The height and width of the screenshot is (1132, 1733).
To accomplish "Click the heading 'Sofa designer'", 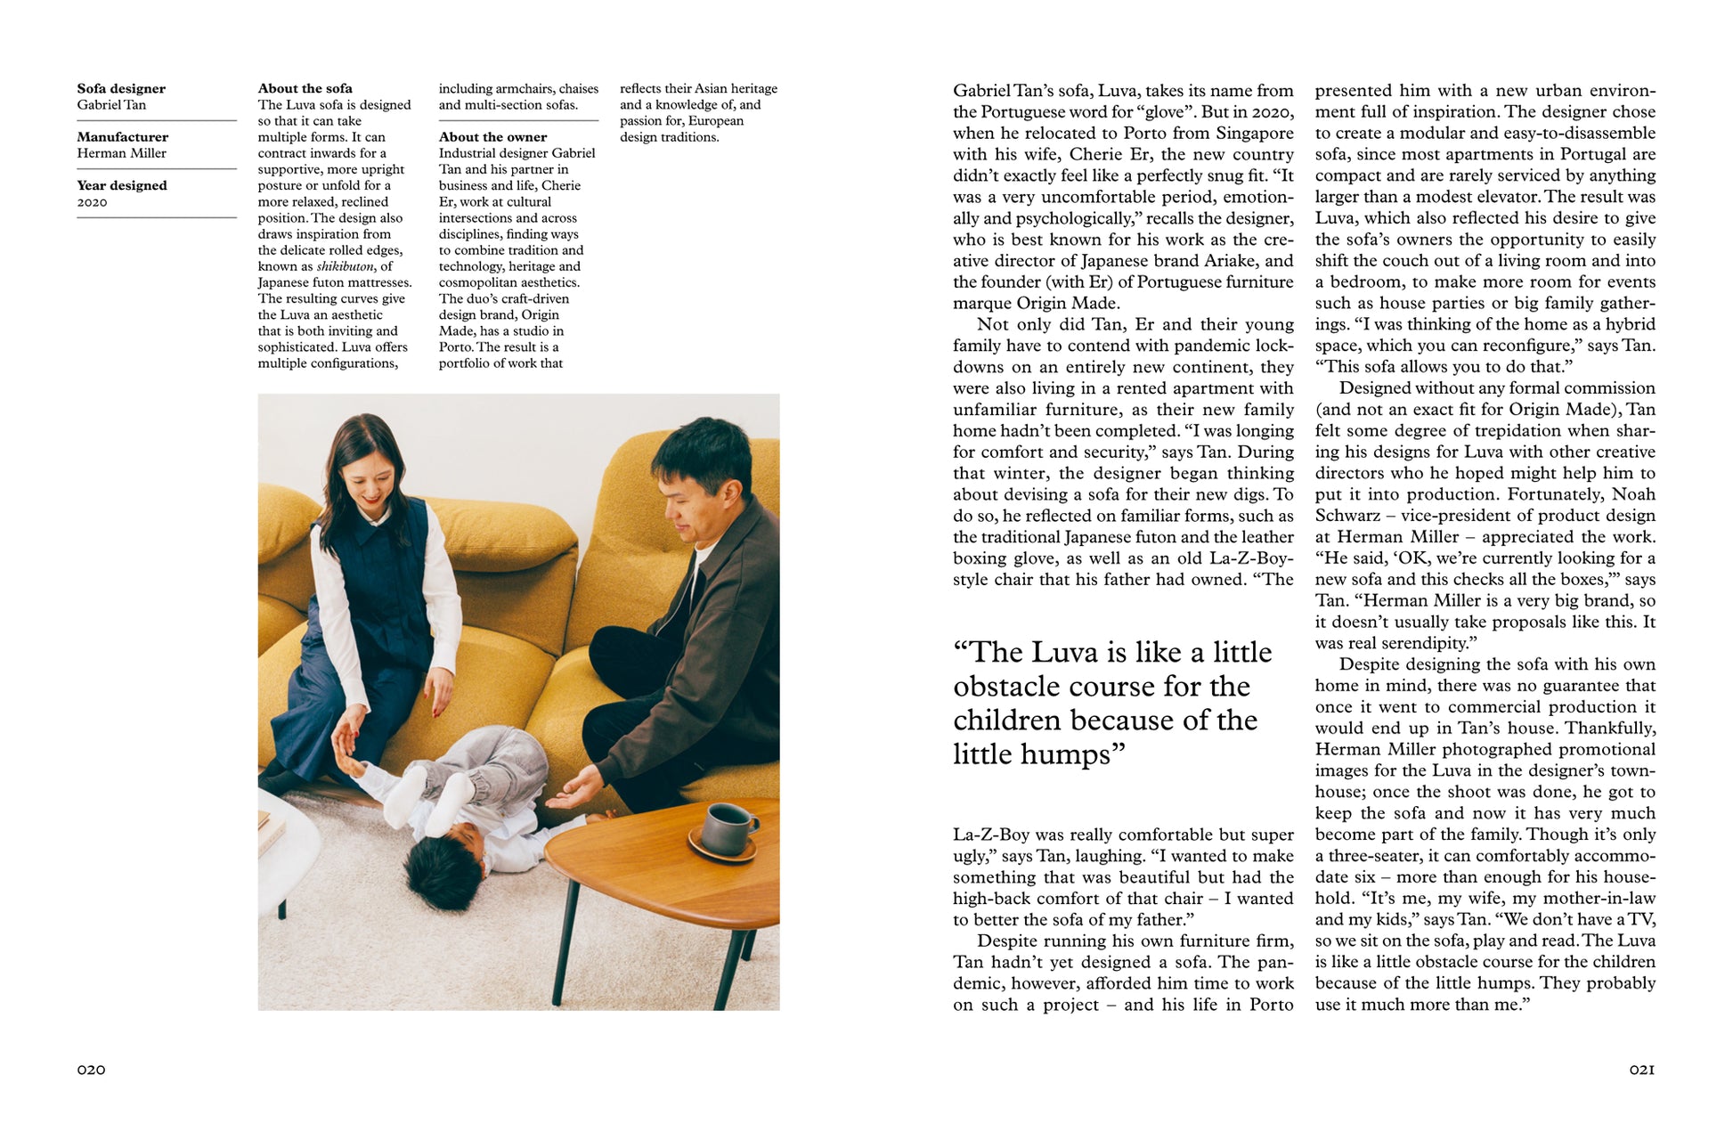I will (x=121, y=88).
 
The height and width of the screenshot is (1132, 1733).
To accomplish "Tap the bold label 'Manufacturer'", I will (x=122, y=136).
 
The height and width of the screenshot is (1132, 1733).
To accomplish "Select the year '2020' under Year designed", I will (x=92, y=202).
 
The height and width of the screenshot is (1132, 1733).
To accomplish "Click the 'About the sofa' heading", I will (x=305, y=88).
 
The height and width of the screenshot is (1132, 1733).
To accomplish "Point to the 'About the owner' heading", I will (x=492, y=136).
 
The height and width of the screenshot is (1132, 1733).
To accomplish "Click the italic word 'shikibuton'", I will (x=345, y=266).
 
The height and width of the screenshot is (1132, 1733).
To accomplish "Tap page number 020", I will (x=91, y=1069).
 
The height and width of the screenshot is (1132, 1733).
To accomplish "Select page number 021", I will (x=1641, y=1069).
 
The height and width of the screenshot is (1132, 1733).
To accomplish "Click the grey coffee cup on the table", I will (x=725, y=827).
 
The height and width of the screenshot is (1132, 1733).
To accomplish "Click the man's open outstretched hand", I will (x=575, y=792).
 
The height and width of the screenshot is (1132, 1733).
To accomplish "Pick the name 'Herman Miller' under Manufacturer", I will (x=121, y=153).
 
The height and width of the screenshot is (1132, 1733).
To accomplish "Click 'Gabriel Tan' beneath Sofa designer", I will (x=111, y=104).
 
